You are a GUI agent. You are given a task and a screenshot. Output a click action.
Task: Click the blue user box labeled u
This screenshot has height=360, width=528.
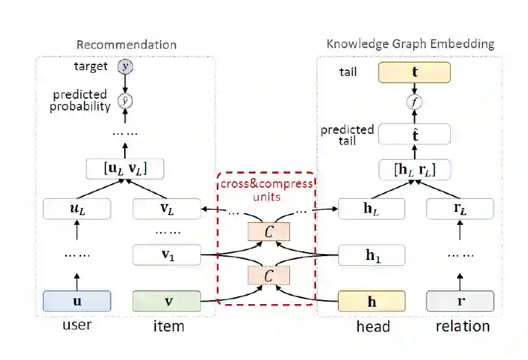[x=77, y=301]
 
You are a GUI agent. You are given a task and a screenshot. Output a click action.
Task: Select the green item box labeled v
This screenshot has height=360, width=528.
[x=167, y=301]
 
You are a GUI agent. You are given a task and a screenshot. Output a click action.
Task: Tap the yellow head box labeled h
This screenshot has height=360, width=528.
[x=372, y=302]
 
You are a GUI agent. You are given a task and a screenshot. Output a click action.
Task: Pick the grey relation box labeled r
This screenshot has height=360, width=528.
[x=460, y=302]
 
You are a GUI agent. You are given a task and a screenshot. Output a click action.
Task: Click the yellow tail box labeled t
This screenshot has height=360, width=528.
[x=414, y=73]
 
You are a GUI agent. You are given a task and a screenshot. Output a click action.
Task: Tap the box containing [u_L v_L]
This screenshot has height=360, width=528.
[x=125, y=169]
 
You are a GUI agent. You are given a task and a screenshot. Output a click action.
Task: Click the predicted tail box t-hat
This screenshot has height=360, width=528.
[x=414, y=135]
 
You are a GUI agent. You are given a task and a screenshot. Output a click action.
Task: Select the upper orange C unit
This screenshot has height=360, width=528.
[x=268, y=231]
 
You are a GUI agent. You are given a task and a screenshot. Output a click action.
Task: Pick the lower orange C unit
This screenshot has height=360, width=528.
[x=268, y=276]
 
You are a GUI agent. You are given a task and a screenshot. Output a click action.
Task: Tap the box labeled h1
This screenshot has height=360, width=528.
[x=372, y=255]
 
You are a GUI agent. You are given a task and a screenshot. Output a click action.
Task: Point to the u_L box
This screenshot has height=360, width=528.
[x=77, y=209]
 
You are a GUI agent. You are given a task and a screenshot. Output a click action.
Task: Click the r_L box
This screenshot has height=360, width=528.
[x=460, y=209]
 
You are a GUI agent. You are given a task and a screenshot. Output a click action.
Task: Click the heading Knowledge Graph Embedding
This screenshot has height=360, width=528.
[x=410, y=44]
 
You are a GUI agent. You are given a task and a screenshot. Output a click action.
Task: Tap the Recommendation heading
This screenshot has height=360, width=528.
[x=126, y=45]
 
